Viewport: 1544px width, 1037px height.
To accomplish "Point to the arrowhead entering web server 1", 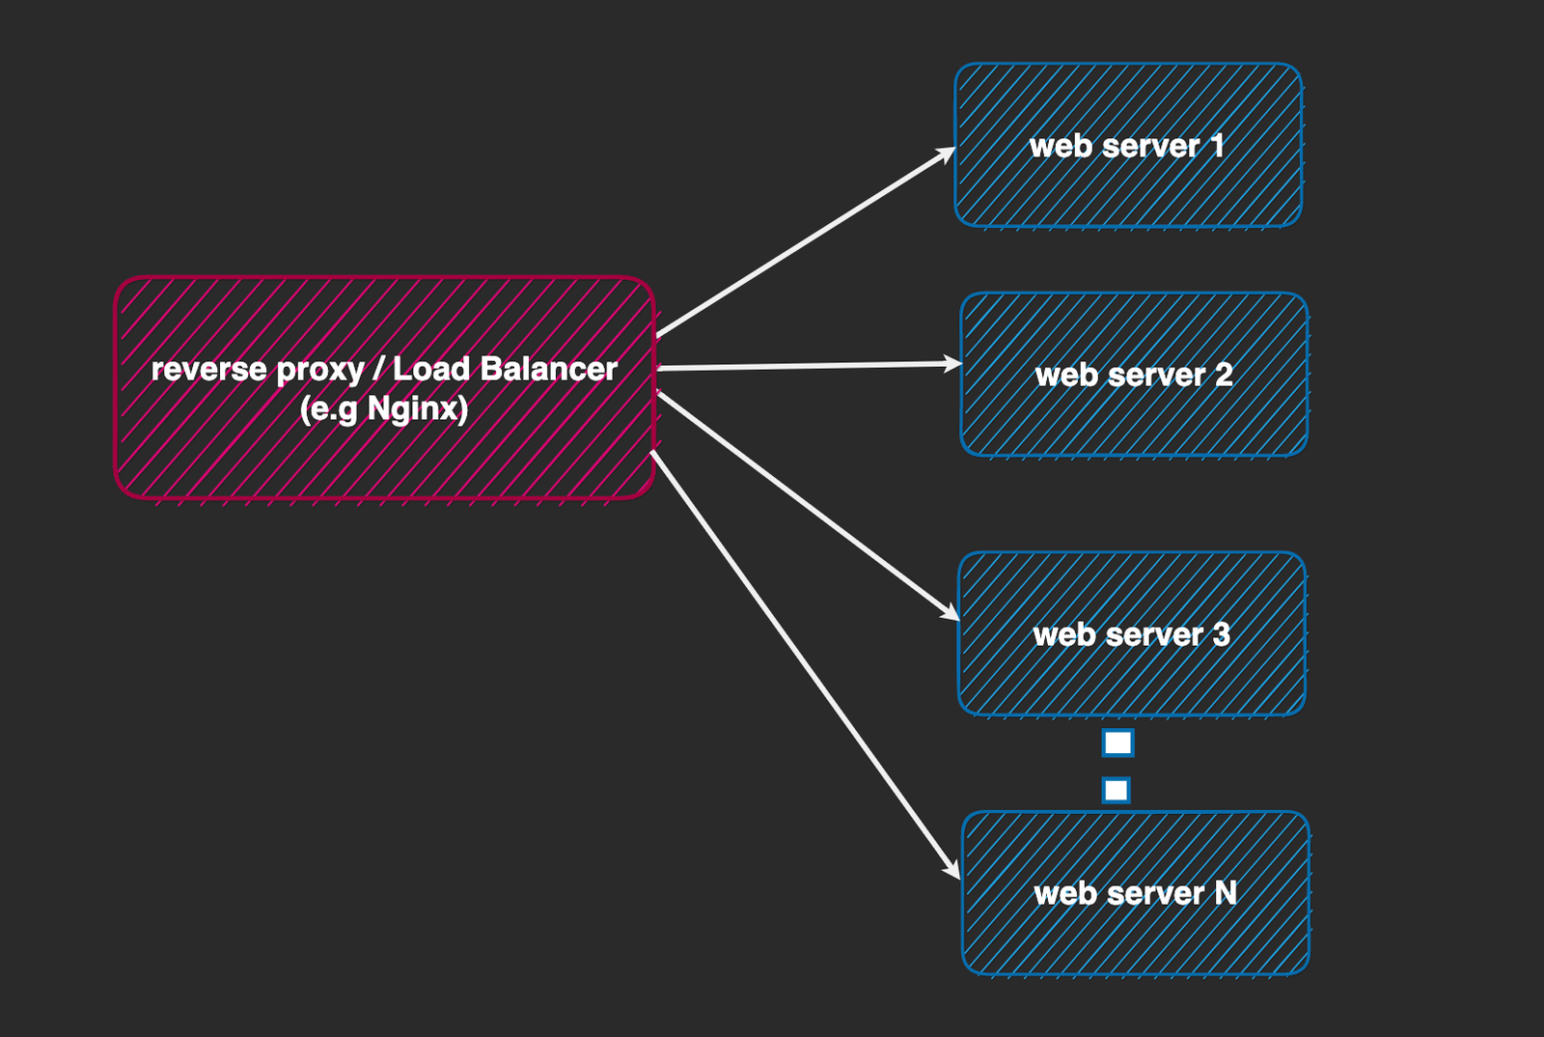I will point(948,154).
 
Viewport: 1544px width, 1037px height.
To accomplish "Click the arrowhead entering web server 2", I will point(954,364).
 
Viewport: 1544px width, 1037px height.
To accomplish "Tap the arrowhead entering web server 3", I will point(951,613).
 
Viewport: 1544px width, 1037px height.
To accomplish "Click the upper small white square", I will point(1117,743).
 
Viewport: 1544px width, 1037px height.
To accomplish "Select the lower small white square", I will point(1116,790).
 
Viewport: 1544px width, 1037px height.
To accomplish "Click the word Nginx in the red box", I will point(417,409).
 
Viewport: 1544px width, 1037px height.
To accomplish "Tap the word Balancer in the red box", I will point(548,369).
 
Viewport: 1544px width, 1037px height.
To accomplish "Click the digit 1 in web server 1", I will point(1217,146).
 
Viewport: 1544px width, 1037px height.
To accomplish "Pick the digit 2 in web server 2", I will point(1224,375).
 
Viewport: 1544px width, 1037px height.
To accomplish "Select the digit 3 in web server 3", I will point(1221,634).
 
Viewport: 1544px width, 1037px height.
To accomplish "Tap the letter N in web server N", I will point(1226,893).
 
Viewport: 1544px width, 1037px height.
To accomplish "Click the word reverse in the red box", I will point(208,370).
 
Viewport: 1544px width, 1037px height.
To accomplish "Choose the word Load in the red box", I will point(431,369).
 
